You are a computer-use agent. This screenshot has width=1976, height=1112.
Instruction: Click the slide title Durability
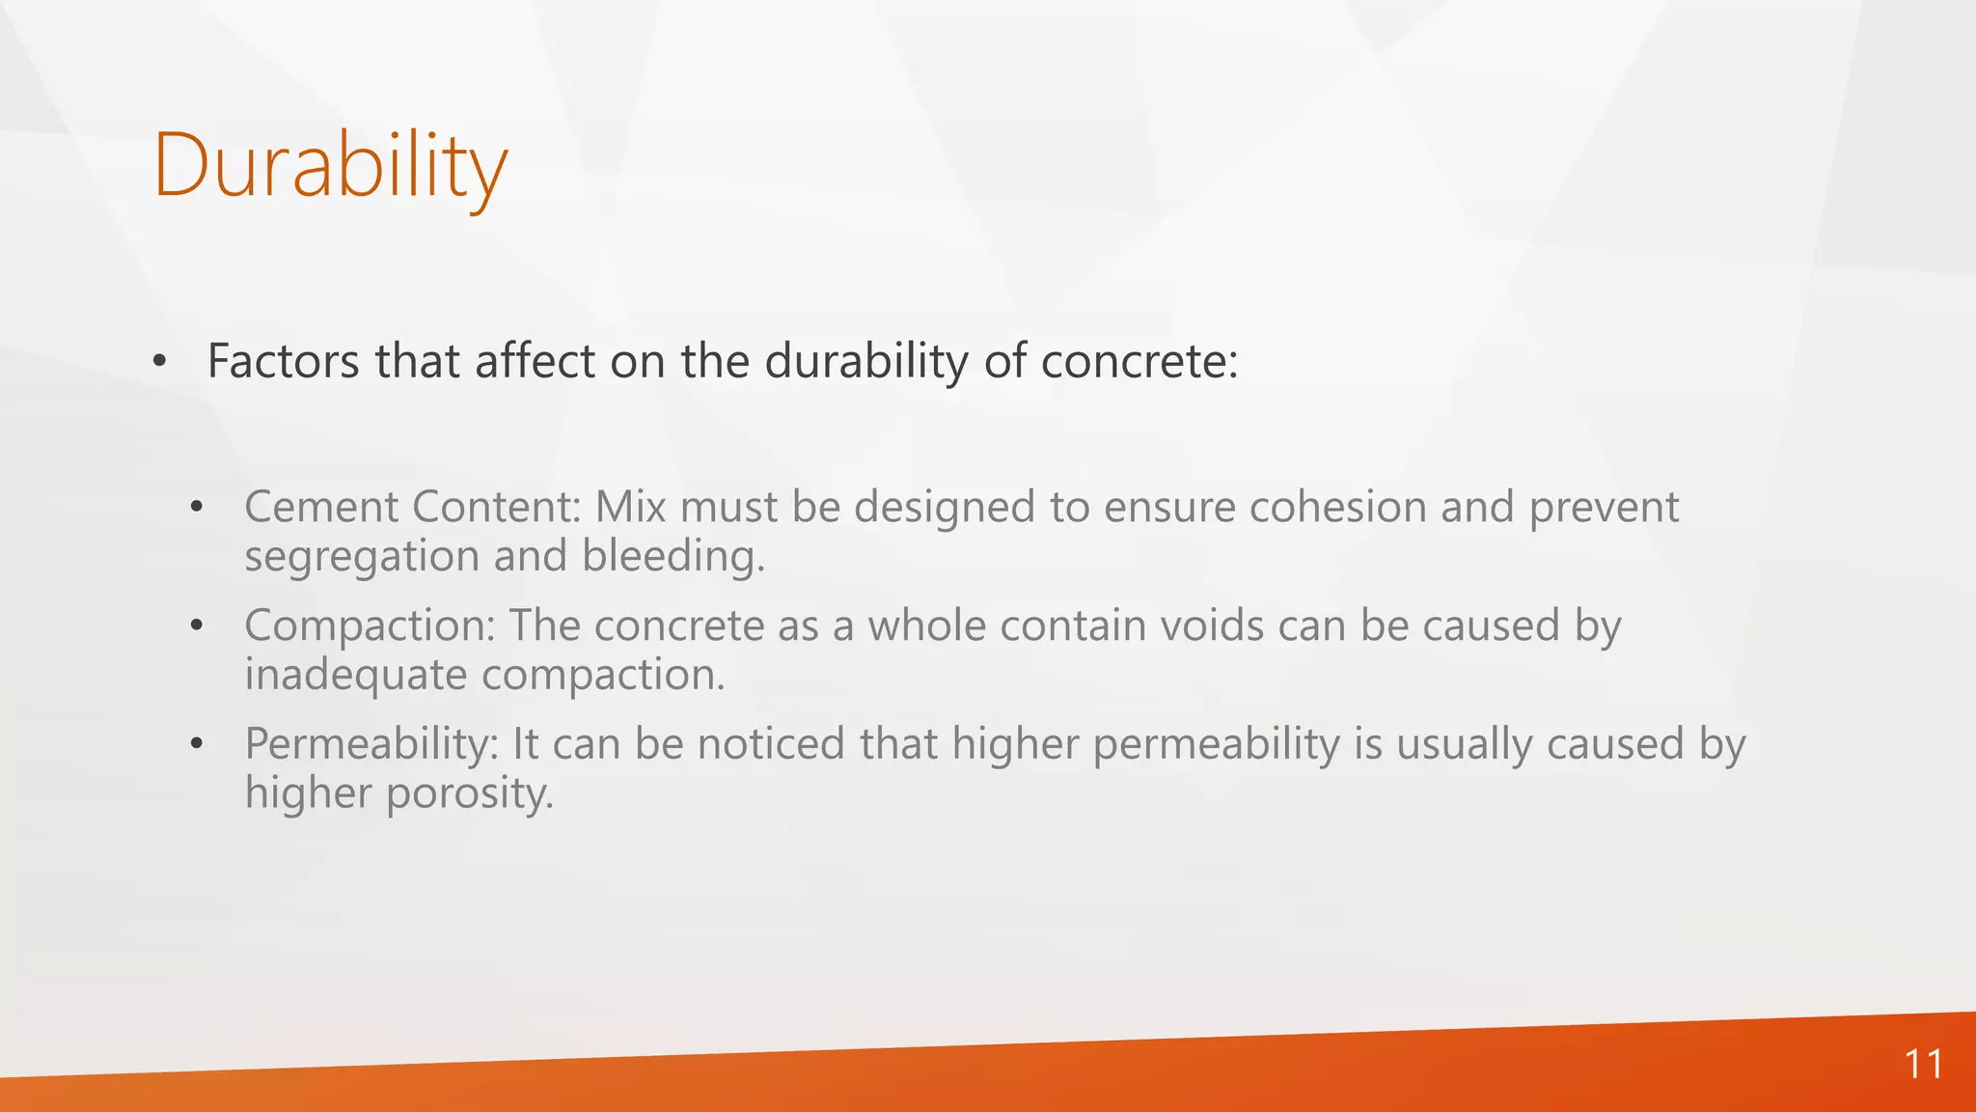tap(329, 166)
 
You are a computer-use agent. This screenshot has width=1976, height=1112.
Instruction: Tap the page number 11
tap(1922, 1065)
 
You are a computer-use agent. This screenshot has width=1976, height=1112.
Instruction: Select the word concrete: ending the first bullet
tap(1139, 363)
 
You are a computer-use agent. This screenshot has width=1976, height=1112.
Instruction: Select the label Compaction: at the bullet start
tap(370, 626)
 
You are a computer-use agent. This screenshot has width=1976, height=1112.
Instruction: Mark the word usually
tap(1464, 745)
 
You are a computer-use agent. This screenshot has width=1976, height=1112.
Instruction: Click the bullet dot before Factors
tap(159, 362)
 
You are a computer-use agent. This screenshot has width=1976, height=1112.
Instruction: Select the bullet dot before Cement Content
tap(197, 507)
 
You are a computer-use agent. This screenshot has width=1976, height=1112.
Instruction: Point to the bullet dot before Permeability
tap(197, 743)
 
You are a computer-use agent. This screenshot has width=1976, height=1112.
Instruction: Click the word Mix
tap(630, 507)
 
